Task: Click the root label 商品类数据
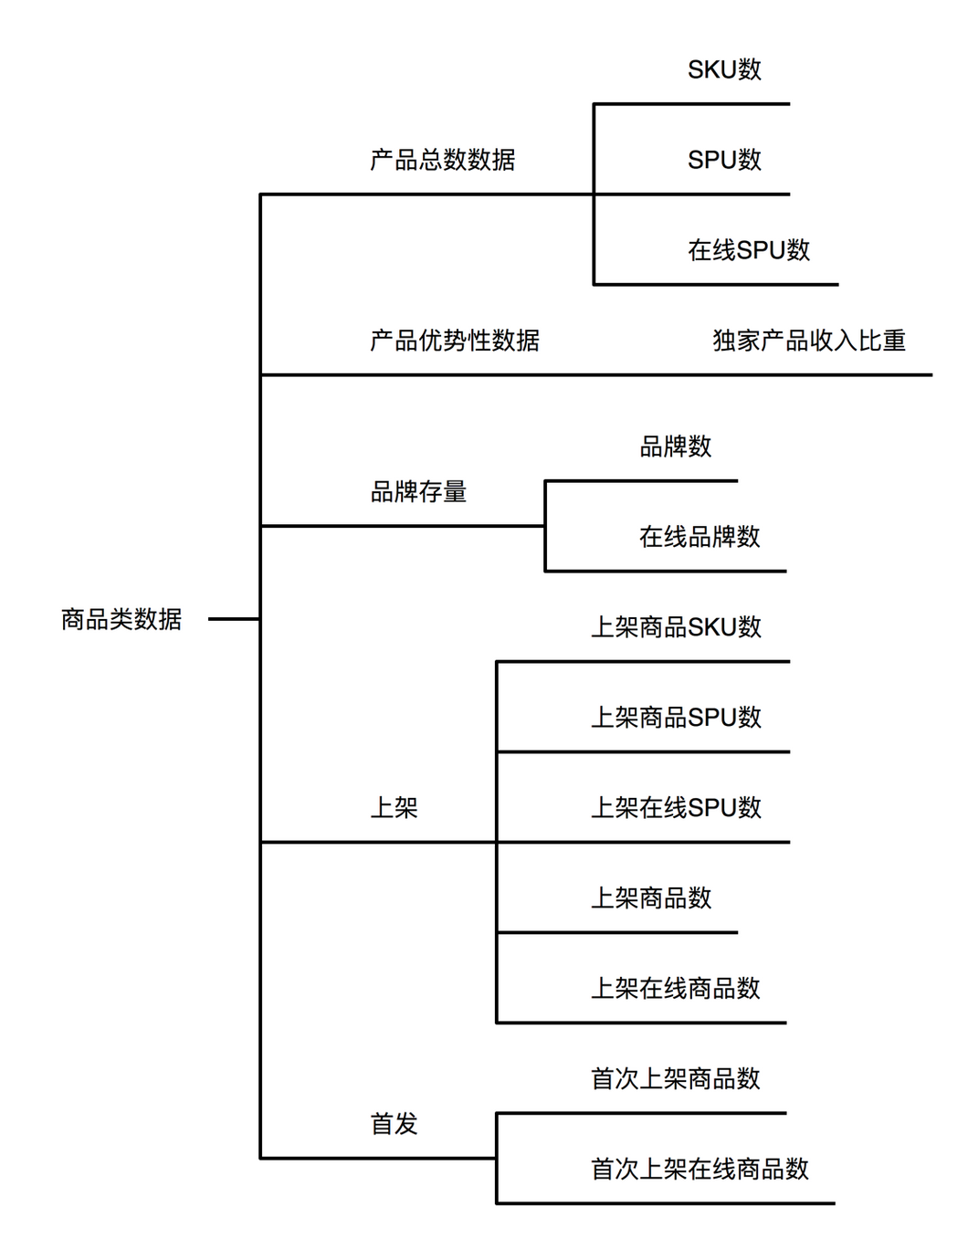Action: coord(121,619)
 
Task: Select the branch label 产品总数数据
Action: coord(442,160)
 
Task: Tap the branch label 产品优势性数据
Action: coord(455,341)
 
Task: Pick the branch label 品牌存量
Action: coord(418,491)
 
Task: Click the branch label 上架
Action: coord(394,807)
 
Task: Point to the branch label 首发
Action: coord(394,1124)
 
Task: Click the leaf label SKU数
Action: coord(724,69)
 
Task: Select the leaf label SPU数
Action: coord(724,160)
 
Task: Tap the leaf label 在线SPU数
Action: coord(749,250)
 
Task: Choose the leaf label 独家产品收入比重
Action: coord(809,341)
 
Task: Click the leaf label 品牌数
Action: coord(676,446)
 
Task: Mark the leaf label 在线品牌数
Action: coord(700,537)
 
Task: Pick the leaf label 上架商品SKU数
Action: coord(676,626)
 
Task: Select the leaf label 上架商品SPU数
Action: coord(676,718)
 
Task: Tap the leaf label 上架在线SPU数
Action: coord(676,807)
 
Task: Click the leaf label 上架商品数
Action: coord(652,898)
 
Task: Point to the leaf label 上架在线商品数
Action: coord(676,988)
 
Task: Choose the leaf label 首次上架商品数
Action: coord(676,1079)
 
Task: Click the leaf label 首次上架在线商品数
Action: coord(700,1169)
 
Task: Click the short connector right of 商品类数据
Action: coord(235,619)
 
